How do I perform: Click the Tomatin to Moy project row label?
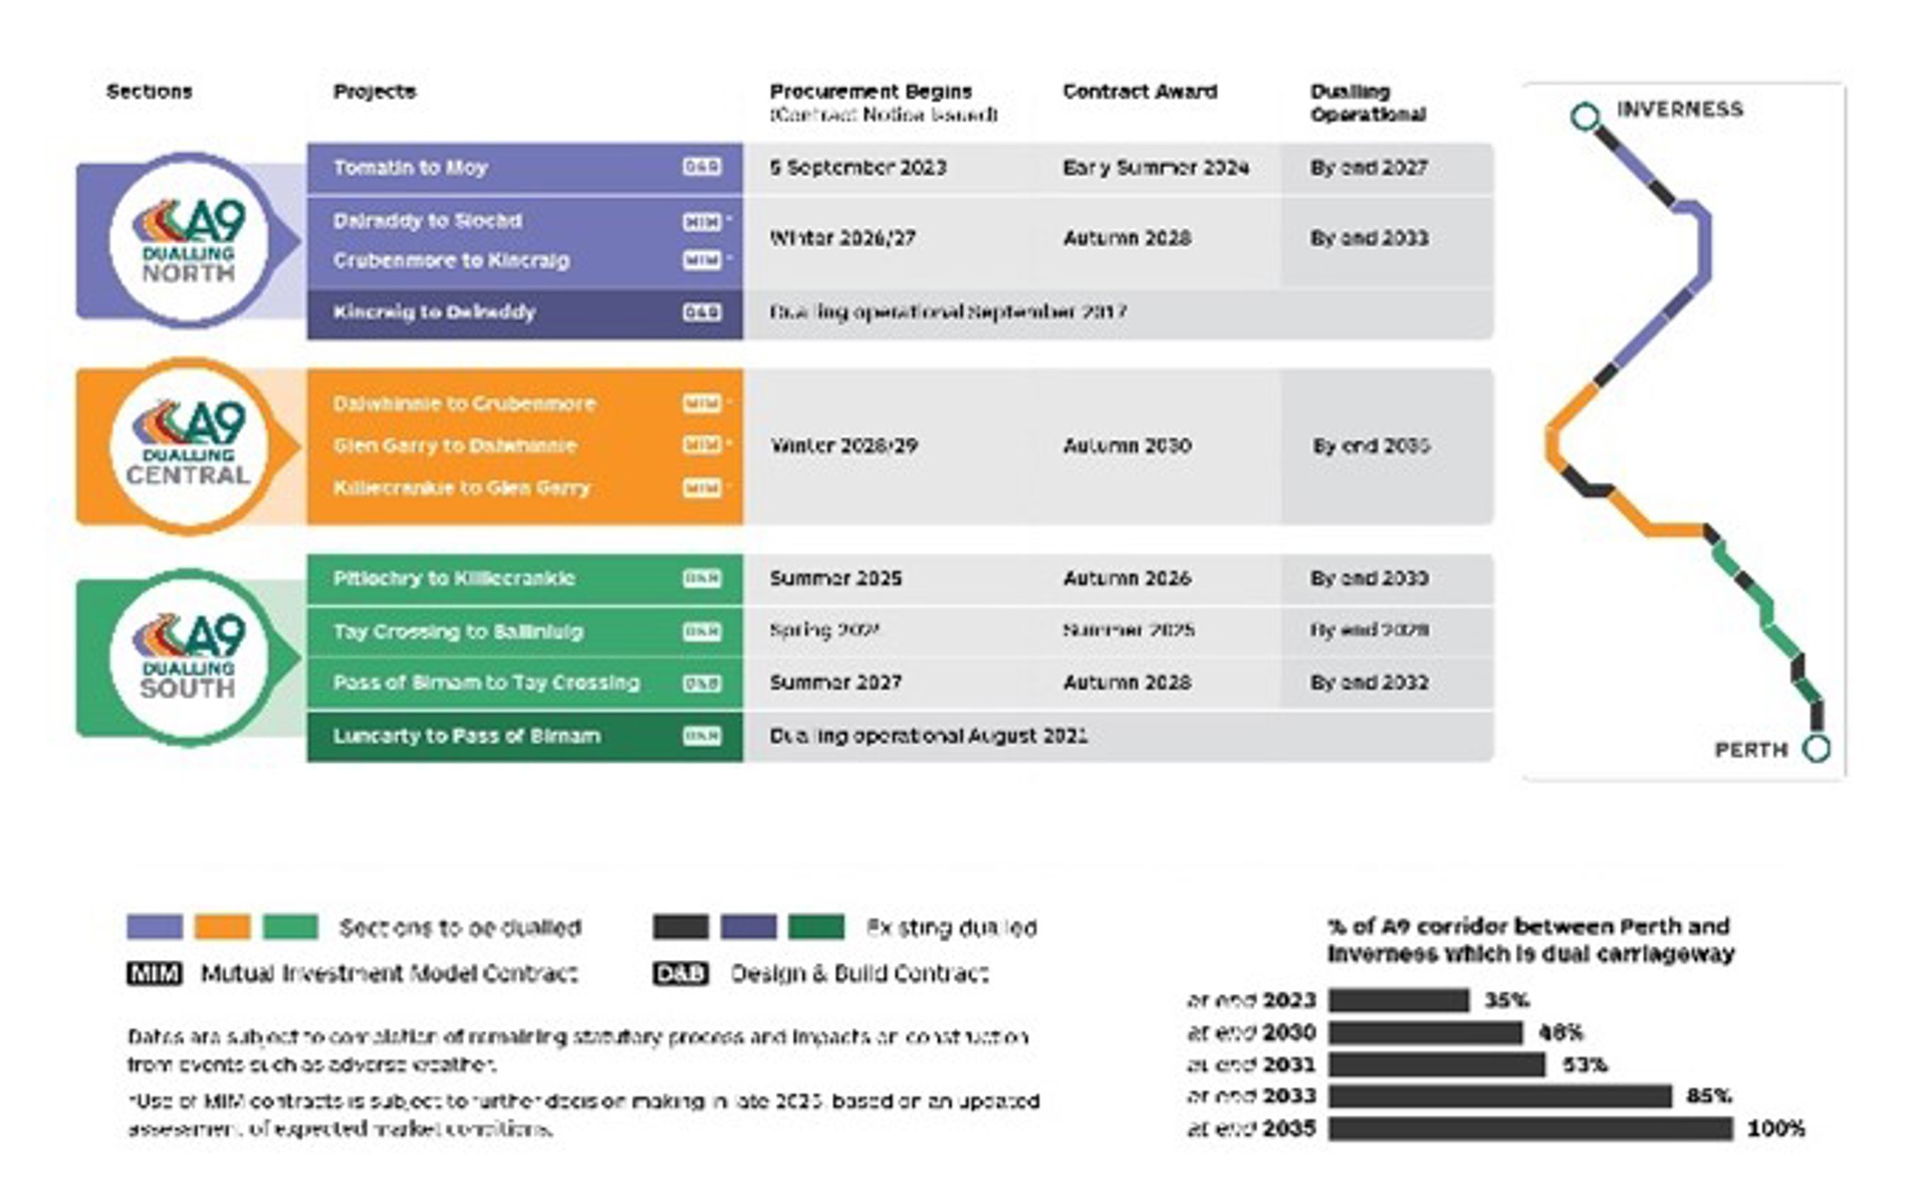[410, 167]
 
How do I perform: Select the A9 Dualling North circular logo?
[188, 241]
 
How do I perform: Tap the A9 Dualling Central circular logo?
[188, 445]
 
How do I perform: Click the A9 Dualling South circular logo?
[188, 657]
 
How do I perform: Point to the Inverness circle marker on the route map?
[1584, 117]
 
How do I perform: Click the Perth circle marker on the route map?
[1816, 748]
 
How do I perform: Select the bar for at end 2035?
[1530, 1128]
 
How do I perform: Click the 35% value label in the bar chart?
[1506, 1000]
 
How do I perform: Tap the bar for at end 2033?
[1499, 1096]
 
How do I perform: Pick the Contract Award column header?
[1139, 92]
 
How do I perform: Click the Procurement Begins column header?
[870, 92]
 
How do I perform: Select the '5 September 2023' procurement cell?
[857, 167]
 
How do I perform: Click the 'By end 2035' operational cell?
[1370, 446]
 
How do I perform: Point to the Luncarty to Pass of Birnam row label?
[466, 736]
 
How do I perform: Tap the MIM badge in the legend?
[154, 973]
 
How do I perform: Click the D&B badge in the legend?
[680, 973]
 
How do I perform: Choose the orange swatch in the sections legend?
[222, 927]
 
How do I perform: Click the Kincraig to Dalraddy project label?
[434, 313]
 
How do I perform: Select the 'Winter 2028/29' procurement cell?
[843, 446]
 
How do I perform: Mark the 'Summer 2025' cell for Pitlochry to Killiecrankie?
[836, 579]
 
